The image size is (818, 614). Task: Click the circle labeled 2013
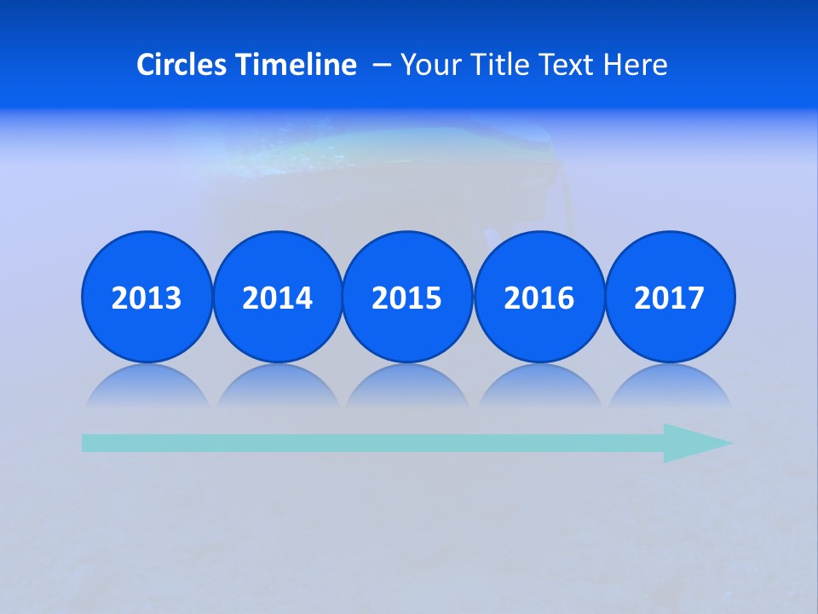click(147, 297)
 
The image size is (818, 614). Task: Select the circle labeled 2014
click(278, 297)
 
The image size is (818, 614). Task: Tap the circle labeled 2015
click(407, 297)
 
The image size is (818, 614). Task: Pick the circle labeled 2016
click(539, 297)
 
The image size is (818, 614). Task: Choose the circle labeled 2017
click(670, 297)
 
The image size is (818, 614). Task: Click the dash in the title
click(382, 65)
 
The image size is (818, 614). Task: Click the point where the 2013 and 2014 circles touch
click(212, 297)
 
